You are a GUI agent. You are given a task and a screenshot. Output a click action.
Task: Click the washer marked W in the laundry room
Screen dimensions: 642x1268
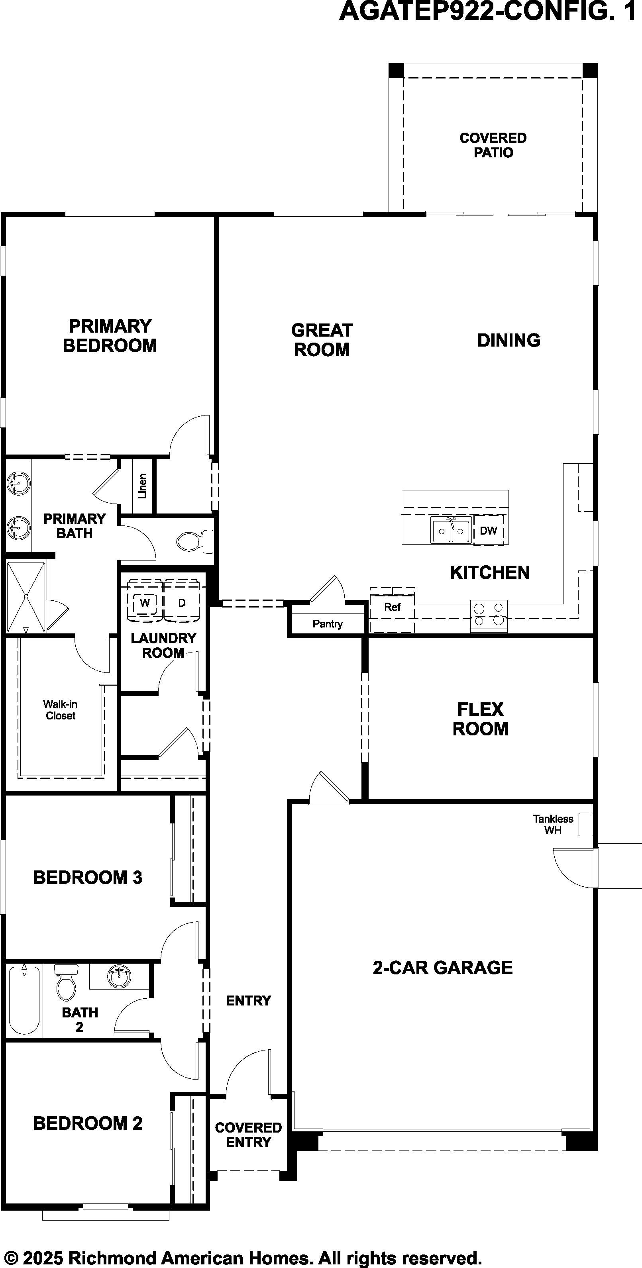pos(145,602)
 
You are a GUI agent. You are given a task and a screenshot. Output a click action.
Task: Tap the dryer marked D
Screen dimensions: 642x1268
pos(182,602)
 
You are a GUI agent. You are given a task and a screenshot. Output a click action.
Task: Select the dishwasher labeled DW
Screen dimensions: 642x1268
pos(489,531)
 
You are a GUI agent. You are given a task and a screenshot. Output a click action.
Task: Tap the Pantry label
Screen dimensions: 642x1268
pos(328,624)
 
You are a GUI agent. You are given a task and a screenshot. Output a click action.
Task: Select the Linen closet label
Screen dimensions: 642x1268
pos(143,486)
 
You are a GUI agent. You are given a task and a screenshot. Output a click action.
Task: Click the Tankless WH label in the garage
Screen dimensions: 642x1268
pos(553,825)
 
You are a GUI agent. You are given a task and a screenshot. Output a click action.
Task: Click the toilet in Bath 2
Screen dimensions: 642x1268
pos(66,982)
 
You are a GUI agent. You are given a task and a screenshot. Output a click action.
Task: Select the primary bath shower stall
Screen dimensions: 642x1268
pos(27,597)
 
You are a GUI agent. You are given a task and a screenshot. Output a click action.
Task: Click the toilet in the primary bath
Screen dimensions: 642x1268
pos(195,541)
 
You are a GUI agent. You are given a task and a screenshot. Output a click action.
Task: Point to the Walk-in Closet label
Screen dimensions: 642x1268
pos(60,710)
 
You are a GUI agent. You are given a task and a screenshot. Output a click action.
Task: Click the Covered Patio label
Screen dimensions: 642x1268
pos(493,145)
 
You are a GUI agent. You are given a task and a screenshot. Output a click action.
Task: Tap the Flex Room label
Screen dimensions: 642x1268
pos(481,719)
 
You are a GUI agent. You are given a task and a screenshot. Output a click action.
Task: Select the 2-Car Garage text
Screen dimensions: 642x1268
pos(443,967)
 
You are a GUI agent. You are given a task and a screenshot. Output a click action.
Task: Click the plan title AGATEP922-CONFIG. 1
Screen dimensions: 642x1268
pos(487,11)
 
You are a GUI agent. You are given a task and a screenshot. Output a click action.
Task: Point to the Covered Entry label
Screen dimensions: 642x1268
pos(248,1135)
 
